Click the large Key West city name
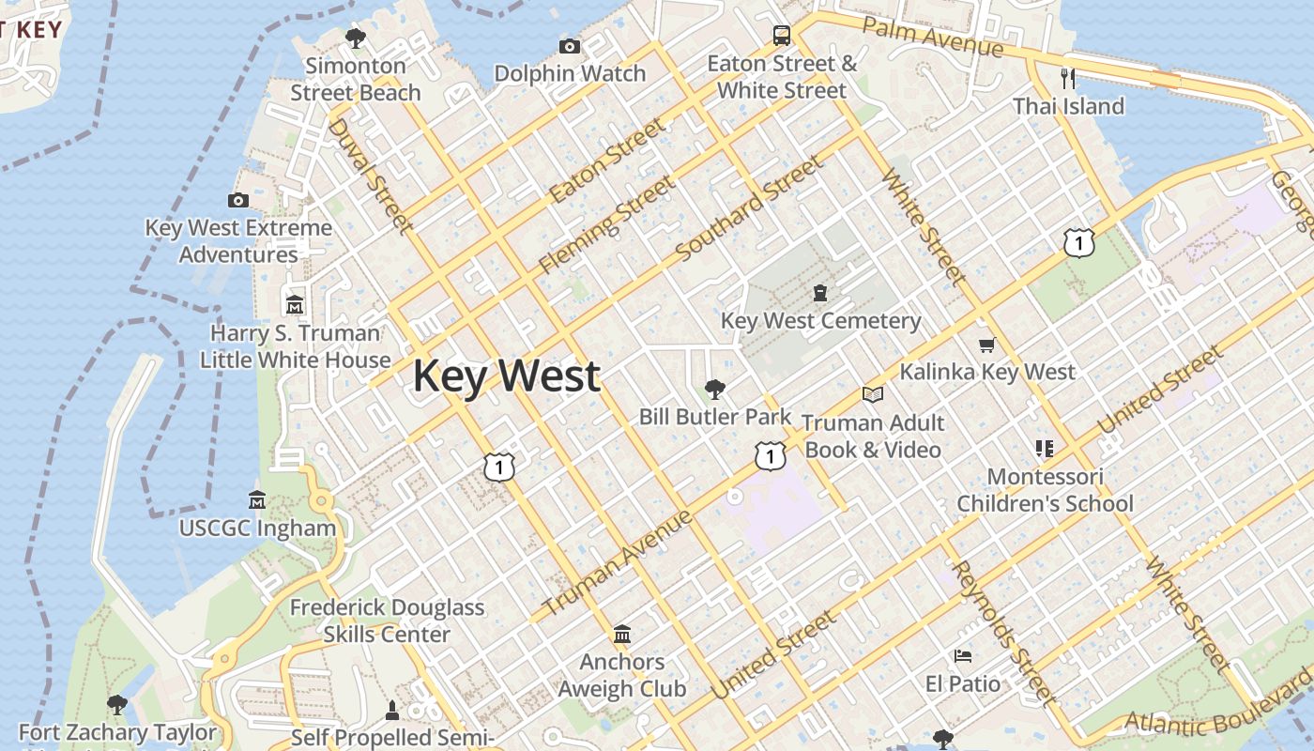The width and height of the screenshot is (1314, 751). coord(506,375)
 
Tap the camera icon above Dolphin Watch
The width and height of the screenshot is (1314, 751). coord(569,46)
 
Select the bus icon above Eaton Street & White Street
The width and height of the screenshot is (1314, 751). coord(781,36)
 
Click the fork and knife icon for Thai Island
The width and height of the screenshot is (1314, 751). coord(1067,78)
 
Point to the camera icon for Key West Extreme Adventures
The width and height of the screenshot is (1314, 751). coord(238,200)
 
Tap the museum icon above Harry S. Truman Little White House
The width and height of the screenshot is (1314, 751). coord(295,305)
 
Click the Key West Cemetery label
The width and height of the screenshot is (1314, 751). coord(820,321)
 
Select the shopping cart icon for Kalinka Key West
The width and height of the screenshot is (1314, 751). coord(986,345)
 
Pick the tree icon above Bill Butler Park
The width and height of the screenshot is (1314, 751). coord(715,389)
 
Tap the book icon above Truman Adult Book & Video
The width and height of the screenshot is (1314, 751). coord(873,395)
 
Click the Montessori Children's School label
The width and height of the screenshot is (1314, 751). coord(1045,490)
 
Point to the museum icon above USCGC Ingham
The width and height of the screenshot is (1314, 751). coord(257,500)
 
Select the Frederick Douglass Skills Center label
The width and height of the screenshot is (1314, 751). coord(387,621)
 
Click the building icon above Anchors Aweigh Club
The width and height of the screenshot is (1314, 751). coord(621,635)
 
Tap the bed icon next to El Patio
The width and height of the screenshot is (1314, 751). coord(963,655)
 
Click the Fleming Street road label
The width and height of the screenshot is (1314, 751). coord(606,225)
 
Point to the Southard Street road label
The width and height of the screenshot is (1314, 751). coord(749,208)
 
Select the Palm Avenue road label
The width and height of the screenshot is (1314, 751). coord(932,37)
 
